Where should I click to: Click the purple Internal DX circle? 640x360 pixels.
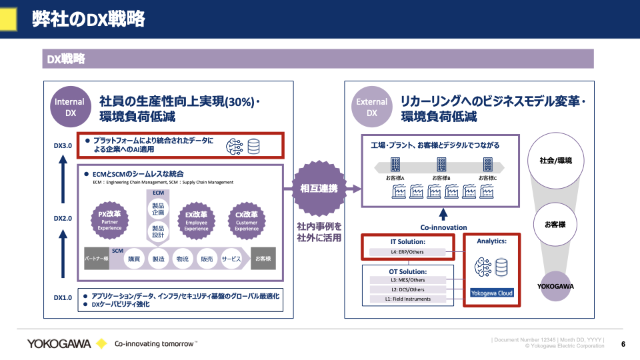pos(70,107)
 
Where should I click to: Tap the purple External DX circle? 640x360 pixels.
pos(372,107)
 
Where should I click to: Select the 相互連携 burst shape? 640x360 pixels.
pos(319,189)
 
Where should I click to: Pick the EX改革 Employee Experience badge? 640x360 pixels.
pos(196,220)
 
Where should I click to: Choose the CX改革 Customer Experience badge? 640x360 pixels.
pos(246,220)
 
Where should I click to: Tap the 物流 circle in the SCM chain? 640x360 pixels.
pos(182,258)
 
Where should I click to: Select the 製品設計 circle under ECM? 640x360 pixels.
pos(159,232)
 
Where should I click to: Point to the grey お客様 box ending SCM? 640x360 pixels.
pos(263,258)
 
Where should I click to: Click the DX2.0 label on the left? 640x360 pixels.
pos(63,218)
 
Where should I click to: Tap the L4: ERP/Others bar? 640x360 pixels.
pos(407,252)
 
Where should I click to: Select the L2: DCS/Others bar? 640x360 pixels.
pos(407,289)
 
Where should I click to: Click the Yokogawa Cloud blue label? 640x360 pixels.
pos(492,293)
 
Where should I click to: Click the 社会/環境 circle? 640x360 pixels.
pos(555,161)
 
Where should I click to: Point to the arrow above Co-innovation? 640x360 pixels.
pos(443,215)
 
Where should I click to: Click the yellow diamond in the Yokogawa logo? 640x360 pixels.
pos(101,343)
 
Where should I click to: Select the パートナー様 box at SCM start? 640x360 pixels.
pos(96,258)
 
